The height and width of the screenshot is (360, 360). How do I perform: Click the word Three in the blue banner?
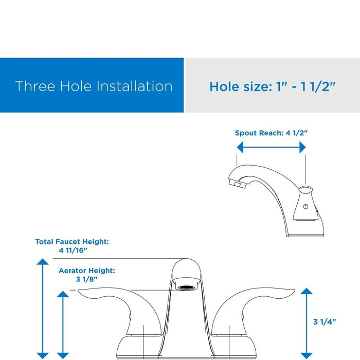tap(35, 86)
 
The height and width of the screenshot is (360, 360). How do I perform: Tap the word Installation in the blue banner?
tap(134, 86)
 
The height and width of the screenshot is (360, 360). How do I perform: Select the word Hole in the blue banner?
tap(76, 86)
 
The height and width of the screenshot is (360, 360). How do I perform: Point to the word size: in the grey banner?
tap(258, 87)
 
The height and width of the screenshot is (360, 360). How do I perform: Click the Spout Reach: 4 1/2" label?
tap(271, 133)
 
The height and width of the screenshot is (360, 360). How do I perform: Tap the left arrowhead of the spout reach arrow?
tap(240, 147)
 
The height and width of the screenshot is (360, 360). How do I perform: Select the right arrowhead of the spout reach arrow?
tap(302, 147)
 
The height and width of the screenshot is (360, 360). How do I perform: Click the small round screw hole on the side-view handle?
tap(305, 207)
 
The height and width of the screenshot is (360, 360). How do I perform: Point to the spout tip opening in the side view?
tap(235, 183)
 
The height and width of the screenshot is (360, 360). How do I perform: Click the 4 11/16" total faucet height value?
tap(73, 250)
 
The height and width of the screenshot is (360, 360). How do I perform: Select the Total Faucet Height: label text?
tap(72, 242)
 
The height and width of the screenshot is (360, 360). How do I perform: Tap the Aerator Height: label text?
tap(87, 271)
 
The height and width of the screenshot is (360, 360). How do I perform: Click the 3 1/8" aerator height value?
tap(86, 279)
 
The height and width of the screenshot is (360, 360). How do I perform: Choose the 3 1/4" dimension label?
tap(325, 321)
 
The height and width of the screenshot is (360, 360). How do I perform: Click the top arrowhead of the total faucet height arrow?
tap(43, 262)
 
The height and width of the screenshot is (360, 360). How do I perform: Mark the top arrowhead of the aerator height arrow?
tap(63, 294)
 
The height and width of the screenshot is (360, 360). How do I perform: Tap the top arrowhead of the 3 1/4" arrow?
tap(307, 292)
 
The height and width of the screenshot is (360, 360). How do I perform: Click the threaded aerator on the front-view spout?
tap(186, 287)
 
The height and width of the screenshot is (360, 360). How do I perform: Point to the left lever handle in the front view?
tap(129, 305)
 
